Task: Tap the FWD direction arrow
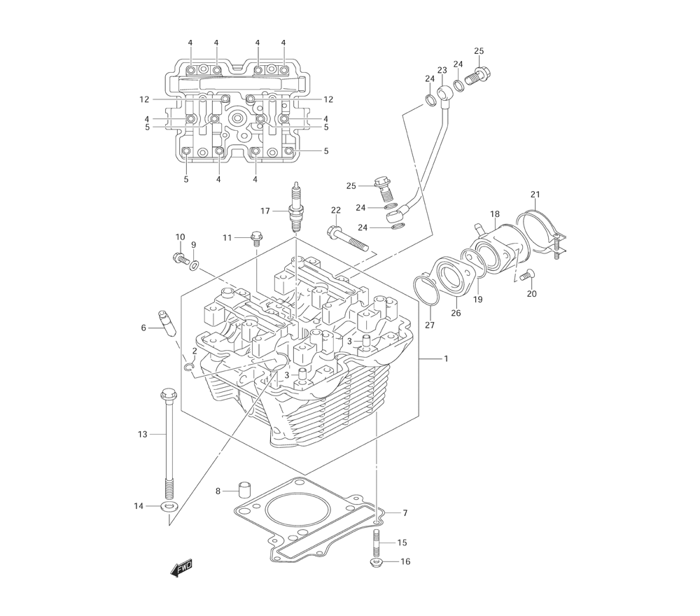(x=181, y=568)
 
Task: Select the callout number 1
(x=445, y=358)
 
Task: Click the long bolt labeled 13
(x=169, y=444)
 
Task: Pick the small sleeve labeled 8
(x=244, y=489)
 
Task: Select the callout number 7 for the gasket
(x=405, y=513)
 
